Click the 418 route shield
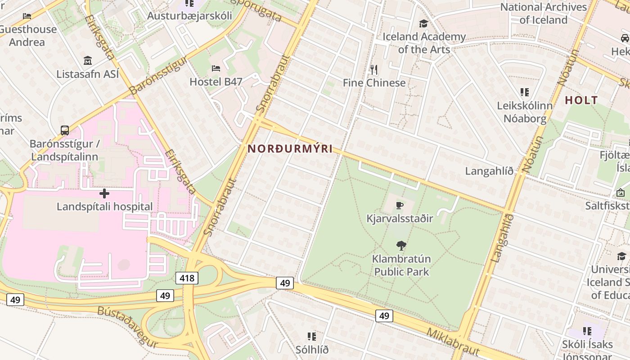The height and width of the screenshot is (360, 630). [187, 278]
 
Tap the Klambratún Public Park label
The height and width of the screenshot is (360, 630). [401, 265]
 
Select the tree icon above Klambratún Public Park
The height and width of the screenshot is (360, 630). [401, 246]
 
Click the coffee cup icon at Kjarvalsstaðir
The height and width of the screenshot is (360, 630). [399, 206]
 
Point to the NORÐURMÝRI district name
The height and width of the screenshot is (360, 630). [290, 148]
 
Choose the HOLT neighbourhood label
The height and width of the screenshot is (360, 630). [581, 100]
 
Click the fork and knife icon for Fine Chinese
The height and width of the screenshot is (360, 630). [373, 70]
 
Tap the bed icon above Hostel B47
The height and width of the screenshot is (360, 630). [216, 69]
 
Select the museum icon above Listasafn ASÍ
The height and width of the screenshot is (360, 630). [88, 61]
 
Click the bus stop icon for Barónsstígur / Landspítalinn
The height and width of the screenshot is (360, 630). [65, 130]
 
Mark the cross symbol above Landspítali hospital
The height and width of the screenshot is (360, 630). [104, 193]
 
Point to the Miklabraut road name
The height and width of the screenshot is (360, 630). [452, 342]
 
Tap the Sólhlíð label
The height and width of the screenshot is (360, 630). [312, 350]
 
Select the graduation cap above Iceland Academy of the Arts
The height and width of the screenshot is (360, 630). [423, 23]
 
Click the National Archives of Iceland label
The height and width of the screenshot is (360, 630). [544, 13]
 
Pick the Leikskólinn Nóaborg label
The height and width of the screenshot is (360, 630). [525, 112]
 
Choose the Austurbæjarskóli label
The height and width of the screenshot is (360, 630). [189, 16]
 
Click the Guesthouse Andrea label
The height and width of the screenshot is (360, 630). [28, 36]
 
